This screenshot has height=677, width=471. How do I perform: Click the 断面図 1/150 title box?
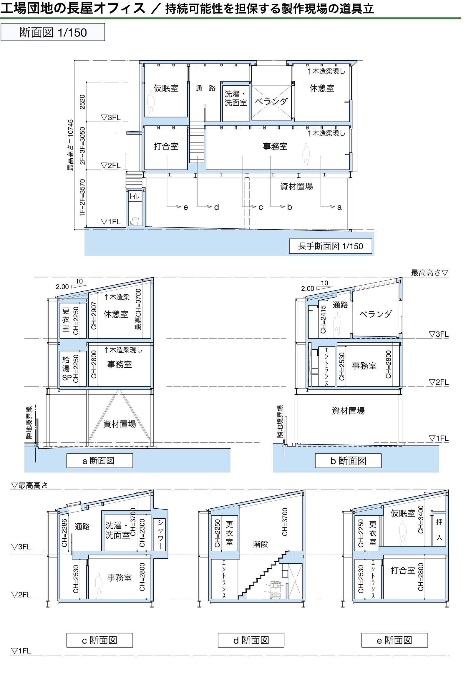53,32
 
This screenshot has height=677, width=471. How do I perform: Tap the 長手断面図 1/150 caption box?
330,246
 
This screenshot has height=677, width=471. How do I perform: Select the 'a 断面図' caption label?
99,461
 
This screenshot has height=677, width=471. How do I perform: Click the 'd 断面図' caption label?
251,640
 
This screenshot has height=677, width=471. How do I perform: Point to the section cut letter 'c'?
261,207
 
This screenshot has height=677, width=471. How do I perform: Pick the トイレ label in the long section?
135,196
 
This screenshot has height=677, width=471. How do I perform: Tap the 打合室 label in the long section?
166,147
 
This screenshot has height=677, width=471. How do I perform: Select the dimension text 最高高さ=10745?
70,145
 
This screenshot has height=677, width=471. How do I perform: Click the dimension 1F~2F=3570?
83,198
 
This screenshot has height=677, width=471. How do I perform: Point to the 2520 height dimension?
83,102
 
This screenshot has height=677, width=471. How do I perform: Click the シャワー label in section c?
160,534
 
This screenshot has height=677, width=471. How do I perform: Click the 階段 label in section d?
261,544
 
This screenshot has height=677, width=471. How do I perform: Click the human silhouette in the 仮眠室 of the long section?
151,103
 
